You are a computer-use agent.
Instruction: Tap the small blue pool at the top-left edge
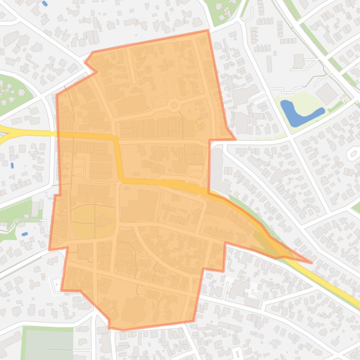pyautogui.click(x=45, y=4)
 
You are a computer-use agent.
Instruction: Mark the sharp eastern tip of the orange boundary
pyautogui.click(x=311, y=262)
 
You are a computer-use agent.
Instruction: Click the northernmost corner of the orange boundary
pyautogui.click(x=207, y=31)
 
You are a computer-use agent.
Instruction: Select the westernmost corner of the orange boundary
pyautogui.click(x=50, y=249)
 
